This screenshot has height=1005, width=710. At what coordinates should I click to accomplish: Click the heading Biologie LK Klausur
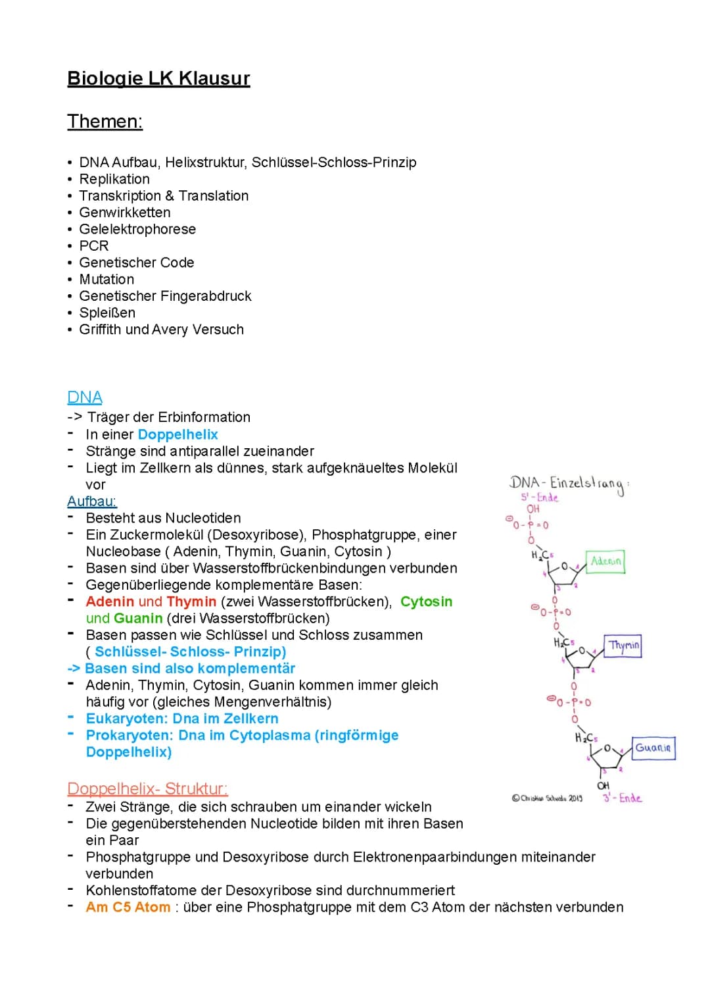click(158, 78)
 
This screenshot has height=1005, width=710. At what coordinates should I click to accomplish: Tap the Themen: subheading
click(105, 122)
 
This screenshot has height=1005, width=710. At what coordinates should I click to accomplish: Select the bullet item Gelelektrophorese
click(137, 229)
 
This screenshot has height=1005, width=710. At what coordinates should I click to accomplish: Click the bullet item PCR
click(94, 245)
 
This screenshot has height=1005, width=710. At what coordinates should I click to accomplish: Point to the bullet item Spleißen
click(107, 313)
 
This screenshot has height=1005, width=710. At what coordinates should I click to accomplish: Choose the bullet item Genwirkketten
click(125, 213)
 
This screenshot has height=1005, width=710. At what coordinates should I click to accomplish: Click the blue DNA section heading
click(85, 398)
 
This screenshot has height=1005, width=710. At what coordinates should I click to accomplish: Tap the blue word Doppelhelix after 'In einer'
click(177, 434)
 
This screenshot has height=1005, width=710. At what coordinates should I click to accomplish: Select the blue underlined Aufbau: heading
click(92, 502)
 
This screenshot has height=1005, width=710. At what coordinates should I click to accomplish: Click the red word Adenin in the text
click(110, 602)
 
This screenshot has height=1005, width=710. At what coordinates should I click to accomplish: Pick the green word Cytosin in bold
click(426, 602)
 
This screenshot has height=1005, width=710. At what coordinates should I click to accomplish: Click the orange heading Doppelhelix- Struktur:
click(147, 788)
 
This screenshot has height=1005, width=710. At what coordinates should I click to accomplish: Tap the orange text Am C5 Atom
click(128, 907)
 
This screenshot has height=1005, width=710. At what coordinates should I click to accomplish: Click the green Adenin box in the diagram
click(605, 561)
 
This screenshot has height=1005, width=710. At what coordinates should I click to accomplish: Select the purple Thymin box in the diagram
click(623, 645)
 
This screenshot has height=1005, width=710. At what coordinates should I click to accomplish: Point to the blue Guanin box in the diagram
click(653, 748)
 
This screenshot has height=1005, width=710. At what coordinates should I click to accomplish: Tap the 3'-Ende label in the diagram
click(622, 798)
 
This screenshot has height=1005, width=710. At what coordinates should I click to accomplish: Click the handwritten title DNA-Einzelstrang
click(567, 484)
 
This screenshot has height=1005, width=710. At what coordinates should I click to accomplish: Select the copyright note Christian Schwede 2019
click(547, 798)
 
